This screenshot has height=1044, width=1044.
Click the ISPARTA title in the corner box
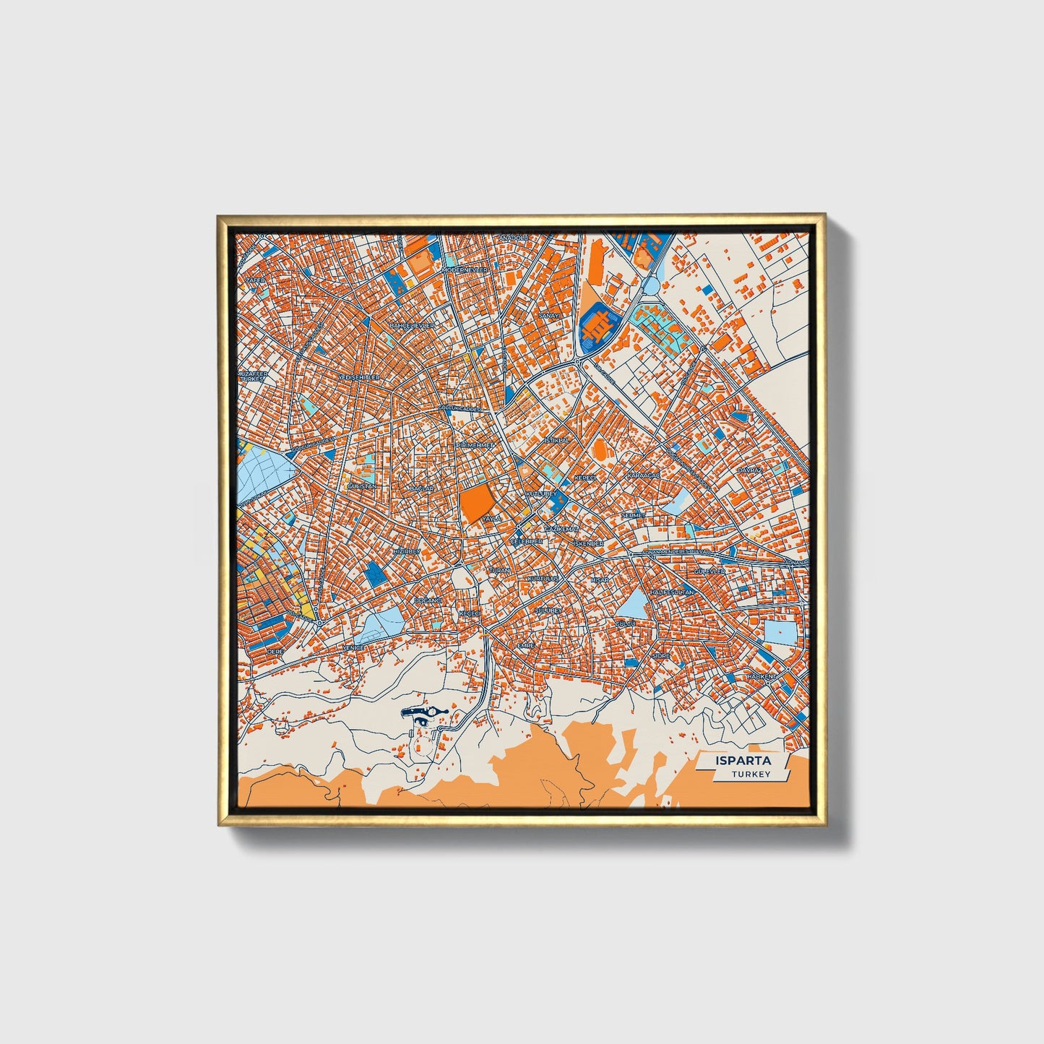(x=743, y=761)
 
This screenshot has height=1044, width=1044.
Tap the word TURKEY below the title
(x=751, y=774)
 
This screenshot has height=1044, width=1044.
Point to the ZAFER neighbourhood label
(x=256, y=279)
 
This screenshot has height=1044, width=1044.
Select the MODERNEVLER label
(x=465, y=269)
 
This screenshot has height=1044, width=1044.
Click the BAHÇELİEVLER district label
(x=413, y=326)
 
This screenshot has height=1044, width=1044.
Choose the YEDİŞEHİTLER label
(x=359, y=377)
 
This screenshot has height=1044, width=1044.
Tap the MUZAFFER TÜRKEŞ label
(x=254, y=376)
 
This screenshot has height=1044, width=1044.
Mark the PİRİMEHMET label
(x=475, y=446)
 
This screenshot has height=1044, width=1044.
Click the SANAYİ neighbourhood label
(x=550, y=316)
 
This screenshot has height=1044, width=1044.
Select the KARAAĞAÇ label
(x=643, y=475)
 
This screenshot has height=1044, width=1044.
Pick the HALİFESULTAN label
(x=672, y=592)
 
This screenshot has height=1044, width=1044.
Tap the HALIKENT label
(x=762, y=676)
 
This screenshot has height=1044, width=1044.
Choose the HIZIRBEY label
(x=406, y=551)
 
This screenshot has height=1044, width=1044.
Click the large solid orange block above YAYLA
(x=475, y=503)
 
